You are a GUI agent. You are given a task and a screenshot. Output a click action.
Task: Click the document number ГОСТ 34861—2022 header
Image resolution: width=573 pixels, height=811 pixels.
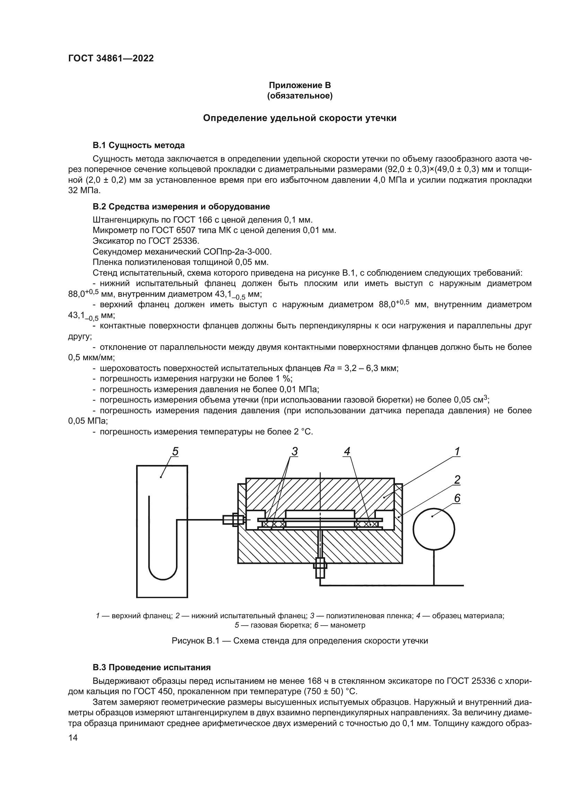pos(111,59)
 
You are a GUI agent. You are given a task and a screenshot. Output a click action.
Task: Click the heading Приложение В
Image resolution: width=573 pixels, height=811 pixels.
pos(300,85)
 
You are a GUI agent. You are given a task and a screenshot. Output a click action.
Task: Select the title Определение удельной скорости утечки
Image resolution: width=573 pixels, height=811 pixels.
pos(300,118)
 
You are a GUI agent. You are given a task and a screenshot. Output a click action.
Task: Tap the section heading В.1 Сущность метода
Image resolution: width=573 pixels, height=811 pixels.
pos(138,145)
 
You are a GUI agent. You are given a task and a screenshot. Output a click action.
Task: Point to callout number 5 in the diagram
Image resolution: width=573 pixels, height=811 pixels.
pos(175,451)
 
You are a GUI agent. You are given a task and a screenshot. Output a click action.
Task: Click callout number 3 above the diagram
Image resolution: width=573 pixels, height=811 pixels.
pos(294,451)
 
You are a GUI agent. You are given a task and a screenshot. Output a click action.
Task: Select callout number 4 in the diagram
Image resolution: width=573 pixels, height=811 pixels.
pos(347,451)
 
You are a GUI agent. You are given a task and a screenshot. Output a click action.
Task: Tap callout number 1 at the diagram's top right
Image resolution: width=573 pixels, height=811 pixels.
pos(457,451)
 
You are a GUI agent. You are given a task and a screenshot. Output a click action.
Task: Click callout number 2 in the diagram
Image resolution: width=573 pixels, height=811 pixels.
pos(457,480)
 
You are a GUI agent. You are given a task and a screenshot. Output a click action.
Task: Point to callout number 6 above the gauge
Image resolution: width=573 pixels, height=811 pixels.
pos(457,498)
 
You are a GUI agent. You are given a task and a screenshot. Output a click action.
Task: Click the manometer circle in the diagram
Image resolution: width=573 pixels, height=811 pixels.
pos(434,529)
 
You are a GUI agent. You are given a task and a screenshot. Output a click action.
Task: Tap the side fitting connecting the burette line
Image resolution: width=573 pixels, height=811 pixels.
pos(233,520)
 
